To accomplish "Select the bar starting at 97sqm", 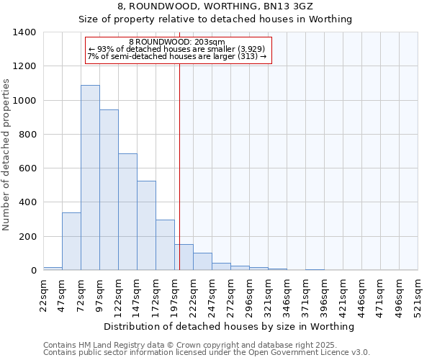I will point(109,190).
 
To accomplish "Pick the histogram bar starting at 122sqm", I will point(127,212).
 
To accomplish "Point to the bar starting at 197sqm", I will point(184,257).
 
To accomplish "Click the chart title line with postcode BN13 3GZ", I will point(215,6).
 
